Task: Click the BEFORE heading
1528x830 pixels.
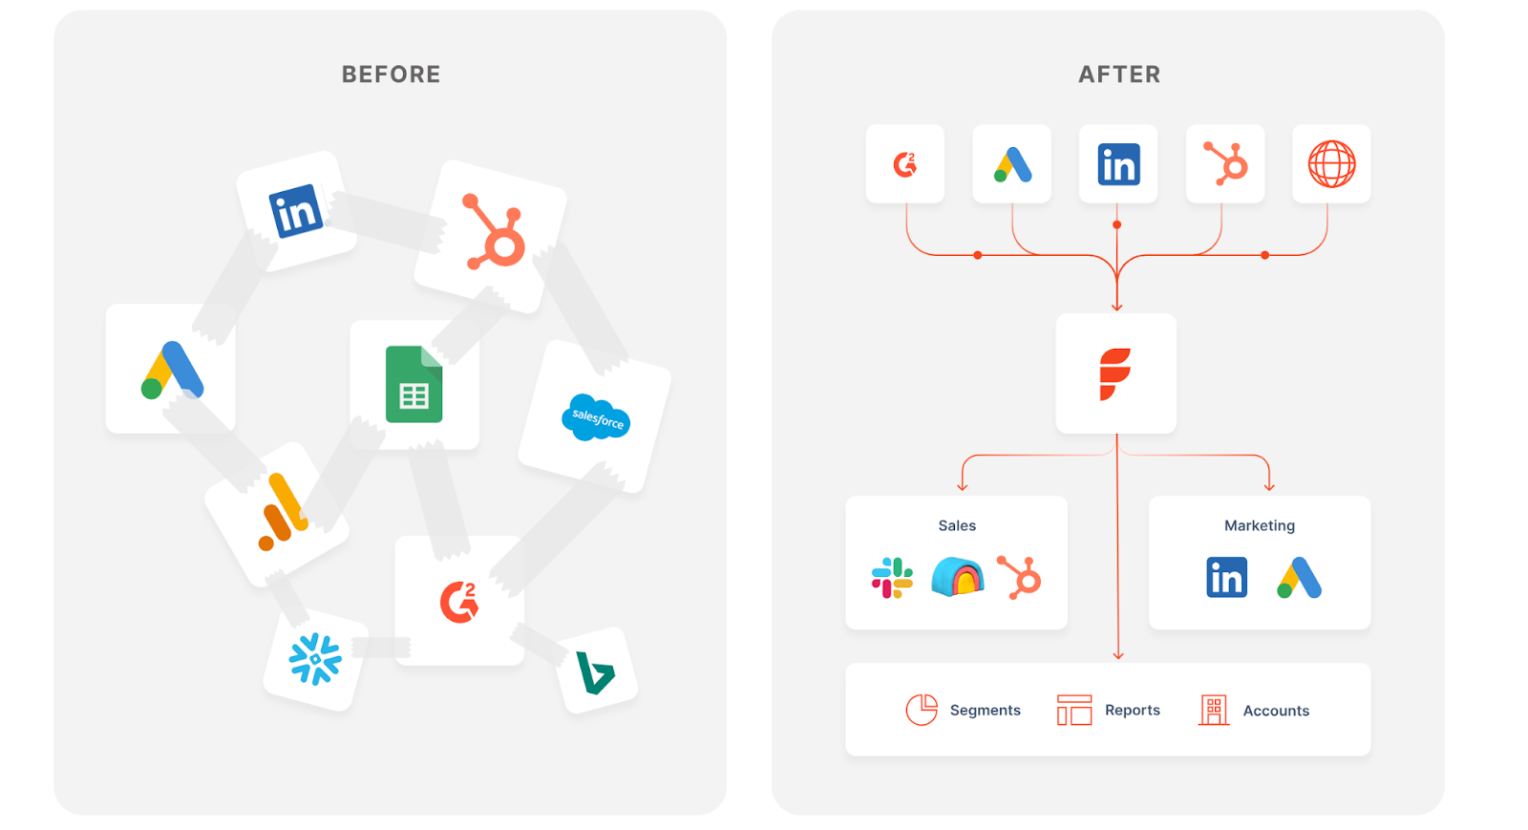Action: pyautogui.click(x=391, y=74)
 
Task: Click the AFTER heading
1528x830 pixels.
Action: pyautogui.click(x=1119, y=74)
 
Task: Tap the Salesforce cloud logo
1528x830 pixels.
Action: pyautogui.click(x=596, y=417)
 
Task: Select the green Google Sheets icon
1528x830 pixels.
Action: pyautogui.click(x=414, y=384)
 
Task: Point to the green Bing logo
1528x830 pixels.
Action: pyautogui.click(x=595, y=672)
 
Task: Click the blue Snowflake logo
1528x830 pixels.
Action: pyautogui.click(x=315, y=659)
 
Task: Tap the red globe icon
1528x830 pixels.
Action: pyautogui.click(x=1331, y=164)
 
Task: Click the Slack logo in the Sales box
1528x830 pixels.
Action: pyautogui.click(x=892, y=578)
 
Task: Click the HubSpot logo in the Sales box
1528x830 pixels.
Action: pyautogui.click(x=1019, y=577)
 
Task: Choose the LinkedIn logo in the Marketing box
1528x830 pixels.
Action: pyautogui.click(x=1226, y=578)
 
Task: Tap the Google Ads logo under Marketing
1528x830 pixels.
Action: pyautogui.click(x=1299, y=578)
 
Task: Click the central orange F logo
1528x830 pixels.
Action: pyautogui.click(x=1115, y=373)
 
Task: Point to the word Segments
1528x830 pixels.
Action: pyautogui.click(x=985, y=711)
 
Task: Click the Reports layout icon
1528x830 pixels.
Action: pyautogui.click(x=1074, y=711)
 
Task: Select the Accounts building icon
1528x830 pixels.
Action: pyautogui.click(x=1214, y=711)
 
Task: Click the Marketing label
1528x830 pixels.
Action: pyautogui.click(x=1259, y=525)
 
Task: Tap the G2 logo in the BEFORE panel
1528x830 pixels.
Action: pyautogui.click(x=459, y=602)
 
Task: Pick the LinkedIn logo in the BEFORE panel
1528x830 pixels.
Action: pyautogui.click(x=295, y=211)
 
